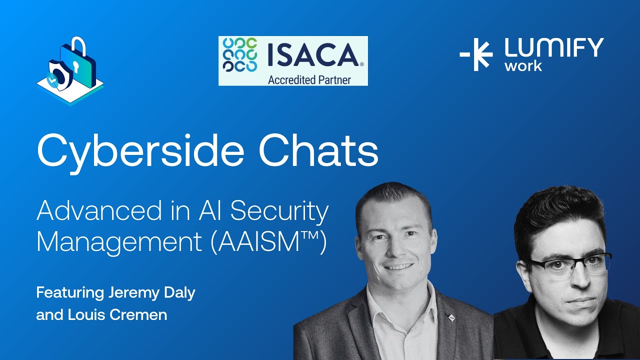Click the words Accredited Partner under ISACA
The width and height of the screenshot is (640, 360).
[x=309, y=79]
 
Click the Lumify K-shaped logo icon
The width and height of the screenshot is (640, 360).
[x=476, y=54]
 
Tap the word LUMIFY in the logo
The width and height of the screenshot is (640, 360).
[x=554, y=48]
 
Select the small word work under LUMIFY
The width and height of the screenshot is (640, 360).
[x=523, y=66]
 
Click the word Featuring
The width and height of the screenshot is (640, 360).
[x=70, y=293]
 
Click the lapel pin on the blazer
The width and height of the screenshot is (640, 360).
[x=451, y=317]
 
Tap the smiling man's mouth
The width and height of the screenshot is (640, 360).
[x=398, y=266]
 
